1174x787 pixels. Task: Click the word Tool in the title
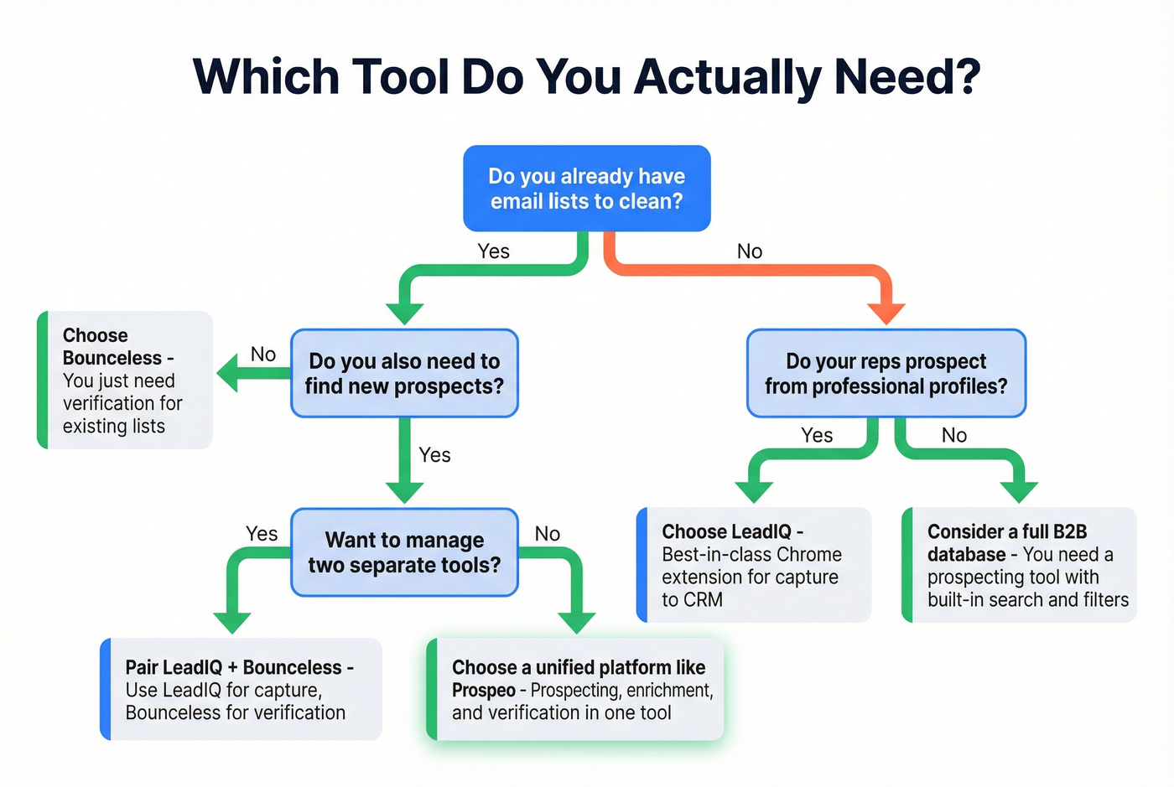click(x=400, y=76)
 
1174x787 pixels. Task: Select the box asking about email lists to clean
click(x=586, y=189)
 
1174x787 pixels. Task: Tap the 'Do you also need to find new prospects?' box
click(x=404, y=373)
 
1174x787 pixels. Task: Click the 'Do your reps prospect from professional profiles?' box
click(x=886, y=373)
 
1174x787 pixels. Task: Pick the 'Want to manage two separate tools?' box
click(x=404, y=552)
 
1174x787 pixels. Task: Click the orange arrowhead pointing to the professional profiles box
click(x=886, y=313)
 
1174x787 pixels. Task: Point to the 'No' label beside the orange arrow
click(x=749, y=251)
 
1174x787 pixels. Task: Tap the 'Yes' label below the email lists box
click(x=493, y=251)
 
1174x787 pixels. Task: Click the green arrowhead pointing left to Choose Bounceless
click(x=230, y=373)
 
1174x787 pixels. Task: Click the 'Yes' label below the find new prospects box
click(x=434, y=455)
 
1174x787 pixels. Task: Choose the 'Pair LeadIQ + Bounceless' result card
click(x=241, y=689)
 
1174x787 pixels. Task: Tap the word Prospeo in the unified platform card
click(x=483, y=691)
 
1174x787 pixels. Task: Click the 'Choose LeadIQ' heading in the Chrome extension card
click(x=732, y=531)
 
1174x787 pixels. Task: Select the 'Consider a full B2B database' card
click(x=1019, y=565)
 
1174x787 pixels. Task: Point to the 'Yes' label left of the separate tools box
click(x=262, y=534)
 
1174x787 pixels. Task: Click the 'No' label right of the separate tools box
click(x=547, y=534)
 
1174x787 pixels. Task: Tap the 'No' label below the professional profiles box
click(x=953, y=435)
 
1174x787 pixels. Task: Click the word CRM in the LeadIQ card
click(x=703, y=600)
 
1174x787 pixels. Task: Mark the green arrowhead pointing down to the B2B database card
click(x=1019, y=492)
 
